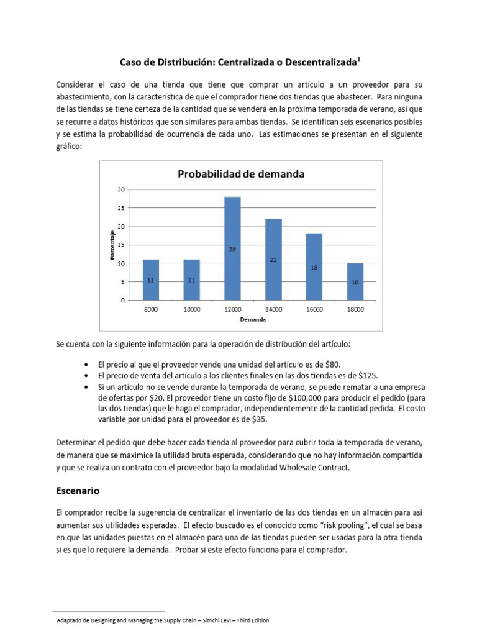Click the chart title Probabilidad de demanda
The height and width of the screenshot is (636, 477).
241,174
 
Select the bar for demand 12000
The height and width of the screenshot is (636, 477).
232,248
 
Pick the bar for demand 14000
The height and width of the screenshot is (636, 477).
273,260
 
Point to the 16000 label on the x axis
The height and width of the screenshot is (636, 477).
314,309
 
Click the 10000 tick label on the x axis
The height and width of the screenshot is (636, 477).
191,309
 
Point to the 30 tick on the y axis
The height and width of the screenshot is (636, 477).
121,189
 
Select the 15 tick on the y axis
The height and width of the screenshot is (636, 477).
121,245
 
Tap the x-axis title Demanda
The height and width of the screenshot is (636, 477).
253,320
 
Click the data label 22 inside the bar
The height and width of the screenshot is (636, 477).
273,260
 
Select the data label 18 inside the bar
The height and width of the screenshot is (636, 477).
314,268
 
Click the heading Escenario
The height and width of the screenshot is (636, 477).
78,490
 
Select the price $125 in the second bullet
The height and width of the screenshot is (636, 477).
367,376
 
